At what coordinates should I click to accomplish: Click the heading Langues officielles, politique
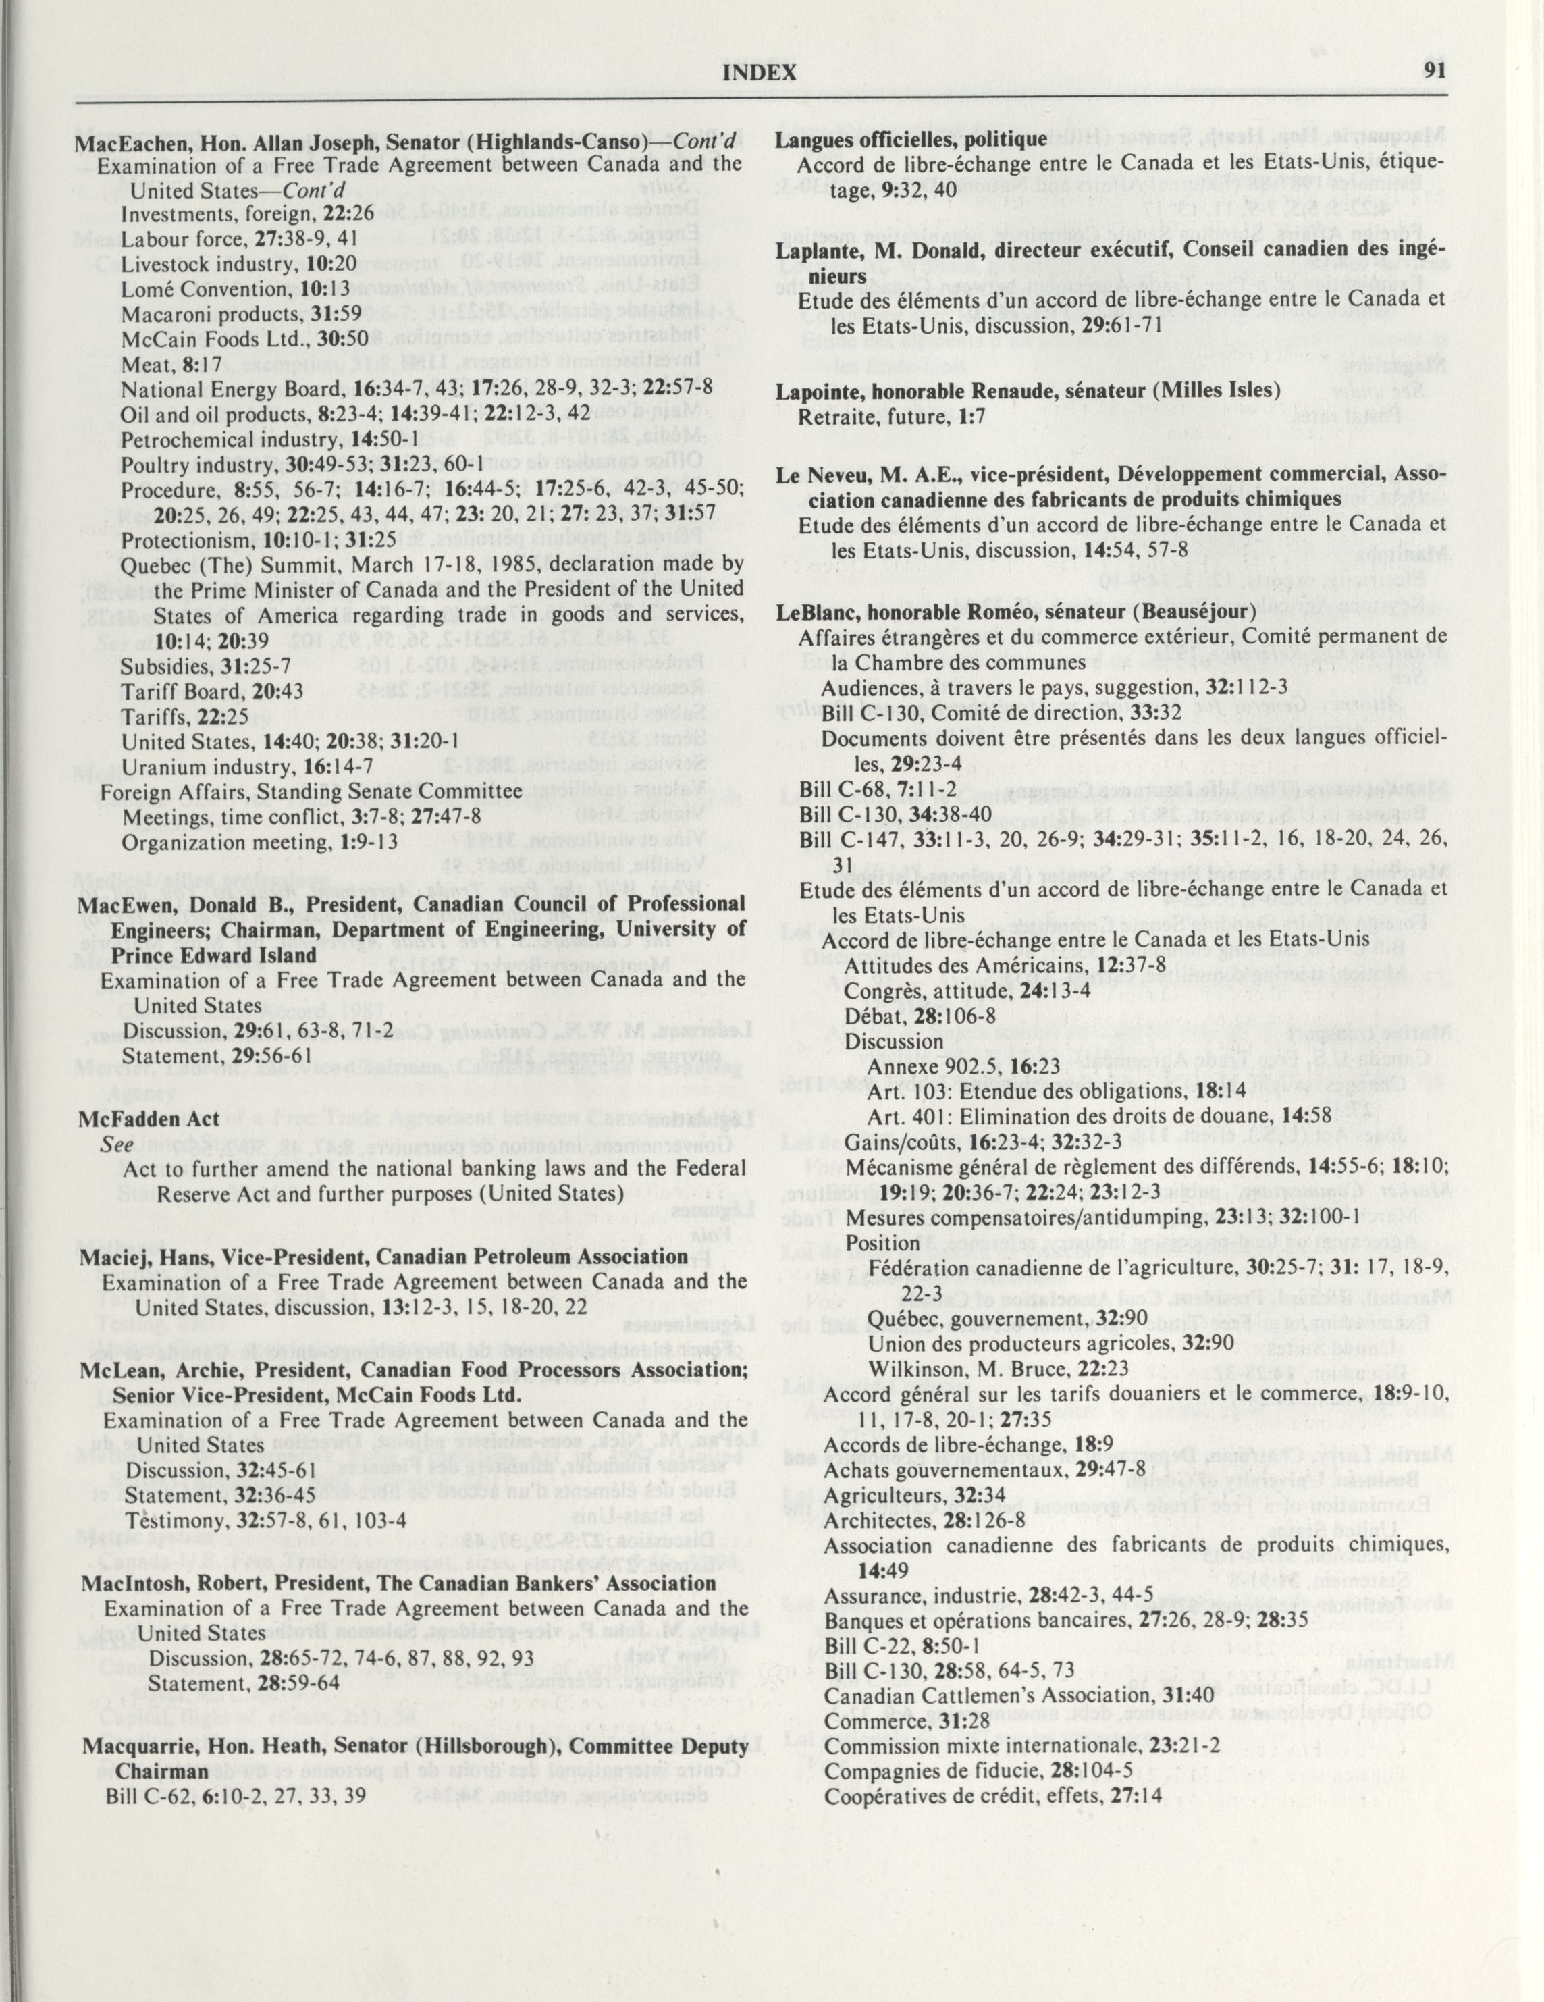[910, 139]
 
